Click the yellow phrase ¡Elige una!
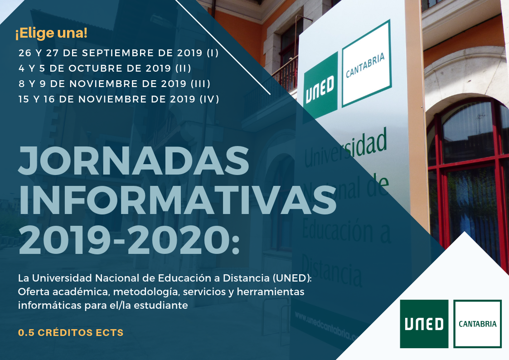pos(51,33)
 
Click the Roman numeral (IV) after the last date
pos(209,99)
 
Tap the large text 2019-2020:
pos(129,241)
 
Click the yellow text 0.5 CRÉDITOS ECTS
pos(71,333)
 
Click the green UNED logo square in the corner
pos(424,324)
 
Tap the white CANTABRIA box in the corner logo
pos(478,324)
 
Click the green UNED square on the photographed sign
pos(320,86)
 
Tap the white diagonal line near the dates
pos(223,48)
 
